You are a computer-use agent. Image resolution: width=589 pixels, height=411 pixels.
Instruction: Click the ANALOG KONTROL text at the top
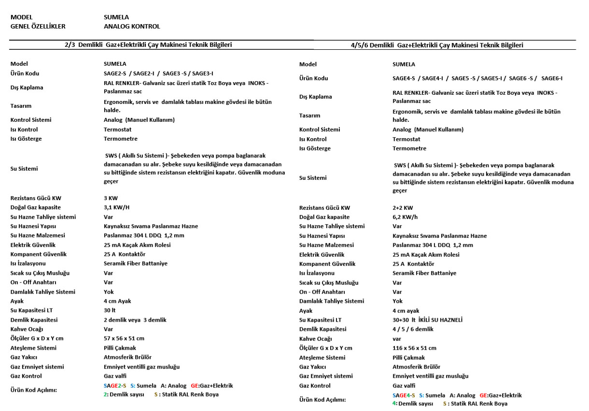pos(132,27)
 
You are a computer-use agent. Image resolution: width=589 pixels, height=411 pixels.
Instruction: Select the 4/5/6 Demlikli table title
pos(437,45)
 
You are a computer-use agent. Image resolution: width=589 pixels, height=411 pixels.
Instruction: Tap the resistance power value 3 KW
pos(111,198)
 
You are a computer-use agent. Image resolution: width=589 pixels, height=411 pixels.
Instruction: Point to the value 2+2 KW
pos(403,208)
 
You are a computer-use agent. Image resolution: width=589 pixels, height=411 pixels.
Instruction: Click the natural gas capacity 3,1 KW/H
pos(116,207)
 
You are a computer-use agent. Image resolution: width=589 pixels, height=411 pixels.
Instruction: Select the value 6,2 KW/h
pos(405,217)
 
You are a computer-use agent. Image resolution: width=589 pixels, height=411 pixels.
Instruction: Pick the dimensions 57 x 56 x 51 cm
pos(124,338)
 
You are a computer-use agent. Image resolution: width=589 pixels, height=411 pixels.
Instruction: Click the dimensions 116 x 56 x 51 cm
pos(414,348)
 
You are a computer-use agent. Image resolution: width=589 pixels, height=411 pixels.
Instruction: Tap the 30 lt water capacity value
pos(110,310)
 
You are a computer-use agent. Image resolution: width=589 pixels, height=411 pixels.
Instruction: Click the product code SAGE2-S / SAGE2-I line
pos(158,73)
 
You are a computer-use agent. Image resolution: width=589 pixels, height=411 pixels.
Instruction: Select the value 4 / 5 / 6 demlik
pos(413,329)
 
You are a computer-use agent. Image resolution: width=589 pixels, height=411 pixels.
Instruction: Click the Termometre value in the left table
pos(120,139)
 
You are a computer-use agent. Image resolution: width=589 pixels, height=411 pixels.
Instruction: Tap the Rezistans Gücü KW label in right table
pos(324,208)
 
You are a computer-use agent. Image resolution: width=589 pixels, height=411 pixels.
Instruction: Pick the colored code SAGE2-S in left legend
pos(115,386)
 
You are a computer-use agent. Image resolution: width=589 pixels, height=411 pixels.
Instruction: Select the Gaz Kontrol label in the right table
pos(315,386)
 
